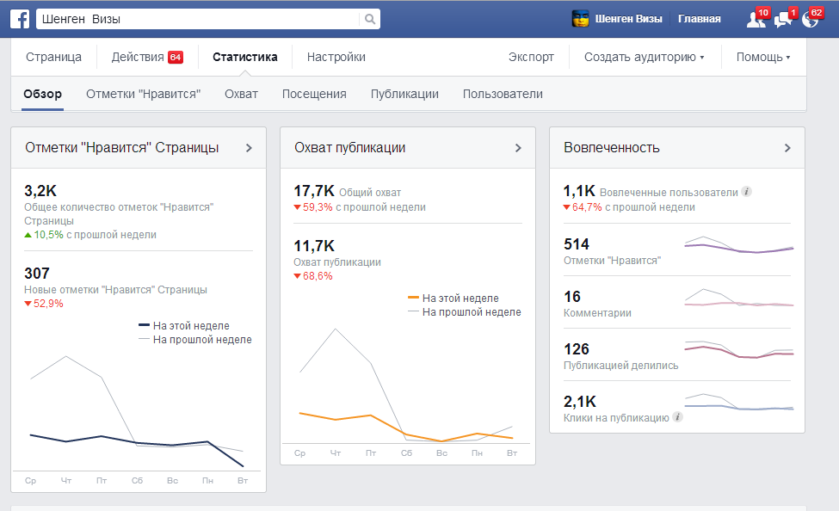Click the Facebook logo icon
tap(21, 19)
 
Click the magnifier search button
tap(369, 19)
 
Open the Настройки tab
tap(336, 57)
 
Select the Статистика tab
tap(245, 57)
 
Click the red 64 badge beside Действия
tap(176, 58)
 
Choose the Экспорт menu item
tap(531, 57)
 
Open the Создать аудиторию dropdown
tap(644, 57)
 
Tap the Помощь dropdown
tap(762, 57)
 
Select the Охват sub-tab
tap(241, 94)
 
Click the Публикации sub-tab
tap(404, 94)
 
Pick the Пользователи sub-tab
tap(503, 94)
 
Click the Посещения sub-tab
tap(314, 94)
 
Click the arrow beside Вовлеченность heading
tap(787, 148)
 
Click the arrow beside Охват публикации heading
tap(518, 148)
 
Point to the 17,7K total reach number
tap(314, 191)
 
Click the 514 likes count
tap(577, 244)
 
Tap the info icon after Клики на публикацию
tap(678, 417)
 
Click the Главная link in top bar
tap(699, 19)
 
